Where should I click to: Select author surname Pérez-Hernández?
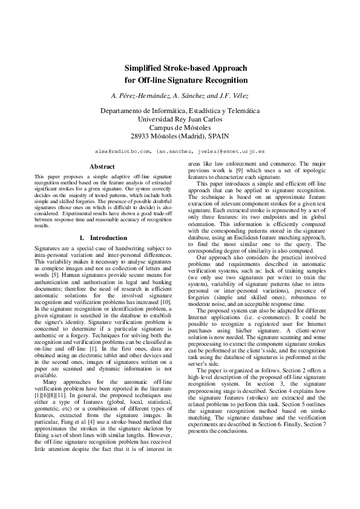coord(137,96)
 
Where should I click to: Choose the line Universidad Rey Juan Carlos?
coord(180,120)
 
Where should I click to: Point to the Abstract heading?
coord(102,166)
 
